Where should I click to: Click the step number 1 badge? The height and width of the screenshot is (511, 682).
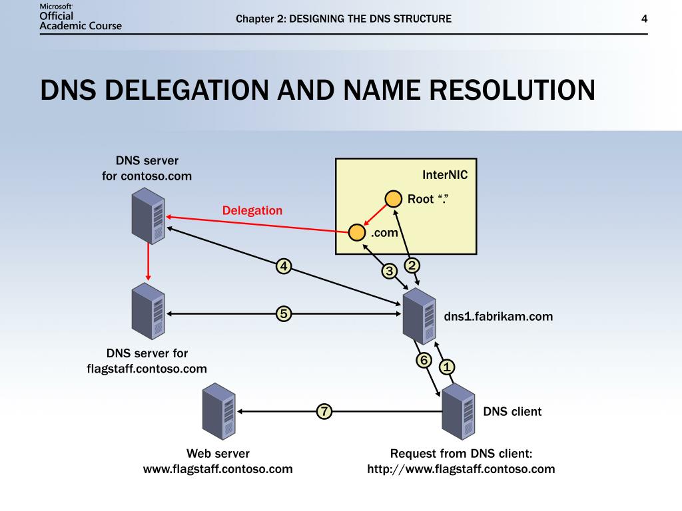click(x=447, y=367)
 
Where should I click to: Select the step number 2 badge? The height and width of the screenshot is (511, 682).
click(x=412, y=265)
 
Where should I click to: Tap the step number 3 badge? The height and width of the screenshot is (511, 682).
click(x=389, y=271)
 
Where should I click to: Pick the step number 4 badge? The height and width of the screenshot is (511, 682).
click(x=284, y=267)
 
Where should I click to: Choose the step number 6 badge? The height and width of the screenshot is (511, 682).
click(x=424, y=360)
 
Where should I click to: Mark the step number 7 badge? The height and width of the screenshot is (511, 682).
click(x=324, y=412)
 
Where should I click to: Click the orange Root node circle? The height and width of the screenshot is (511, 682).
click(x=394, y=199)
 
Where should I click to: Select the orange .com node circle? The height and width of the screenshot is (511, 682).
click(x=358, y=232)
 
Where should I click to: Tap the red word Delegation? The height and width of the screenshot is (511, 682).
click(x=252, y=210)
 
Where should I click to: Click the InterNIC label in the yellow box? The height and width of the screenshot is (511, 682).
click(x=445, y=175)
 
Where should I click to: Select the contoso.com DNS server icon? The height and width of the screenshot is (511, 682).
click(x=148, y=215)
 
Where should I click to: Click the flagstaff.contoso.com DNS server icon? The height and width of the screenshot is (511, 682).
click(x=148, y=311)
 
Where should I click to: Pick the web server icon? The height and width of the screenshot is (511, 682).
click(x=219, y=412)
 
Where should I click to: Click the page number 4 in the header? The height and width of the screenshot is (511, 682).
click(x=644, y=19)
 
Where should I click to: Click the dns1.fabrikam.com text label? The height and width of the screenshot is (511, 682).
click(x=498, y=317)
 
